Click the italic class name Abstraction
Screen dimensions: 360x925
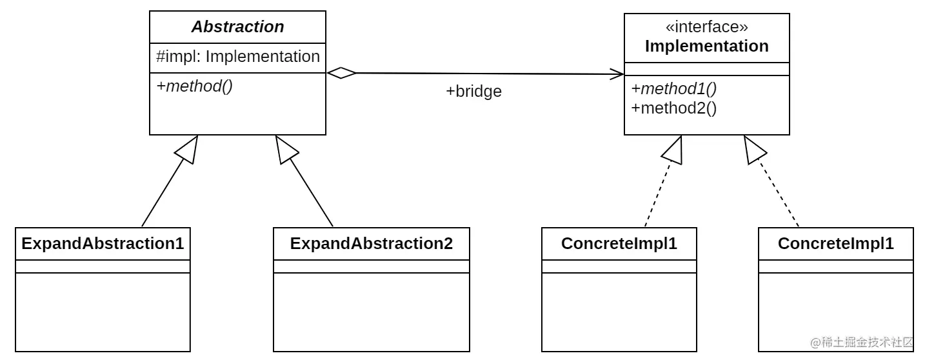237,27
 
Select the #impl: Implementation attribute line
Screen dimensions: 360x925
237,57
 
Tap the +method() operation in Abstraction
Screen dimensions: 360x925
194,86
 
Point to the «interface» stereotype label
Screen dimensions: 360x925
706,27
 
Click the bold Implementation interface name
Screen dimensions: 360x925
706,46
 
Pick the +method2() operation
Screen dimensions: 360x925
674,108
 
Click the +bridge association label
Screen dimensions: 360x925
473,92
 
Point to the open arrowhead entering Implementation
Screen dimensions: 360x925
616,74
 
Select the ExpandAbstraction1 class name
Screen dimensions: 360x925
103,244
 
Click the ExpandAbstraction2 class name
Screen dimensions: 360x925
371,244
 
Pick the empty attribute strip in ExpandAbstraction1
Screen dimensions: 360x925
103,266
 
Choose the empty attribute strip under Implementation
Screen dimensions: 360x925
706,69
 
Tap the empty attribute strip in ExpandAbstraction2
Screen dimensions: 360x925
371,266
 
